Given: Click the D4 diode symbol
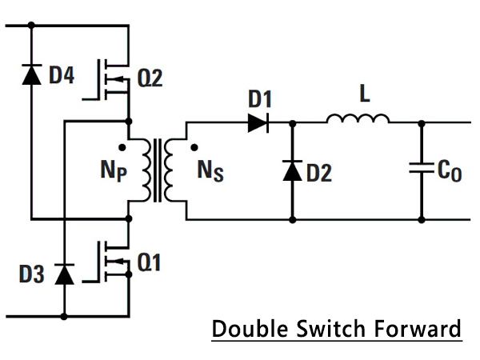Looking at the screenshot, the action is [31, 74].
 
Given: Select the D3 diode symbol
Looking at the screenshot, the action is [64, 274].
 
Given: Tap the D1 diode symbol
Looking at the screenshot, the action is [258, 122].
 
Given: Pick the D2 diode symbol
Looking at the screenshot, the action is [293, 170].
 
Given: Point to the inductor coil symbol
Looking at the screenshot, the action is [358, 118].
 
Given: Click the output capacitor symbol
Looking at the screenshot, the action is [422, 168].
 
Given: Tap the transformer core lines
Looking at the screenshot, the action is [158, 170].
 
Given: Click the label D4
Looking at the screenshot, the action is [62, 75].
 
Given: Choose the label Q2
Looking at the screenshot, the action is [150, 78].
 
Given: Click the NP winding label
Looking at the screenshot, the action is [114, 171].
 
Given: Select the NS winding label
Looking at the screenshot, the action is [210, 171].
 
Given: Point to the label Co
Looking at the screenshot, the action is [450, 171].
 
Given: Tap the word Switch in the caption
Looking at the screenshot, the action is [331, 329].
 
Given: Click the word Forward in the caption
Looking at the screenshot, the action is [418, 329].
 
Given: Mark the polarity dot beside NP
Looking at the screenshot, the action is [122, 147].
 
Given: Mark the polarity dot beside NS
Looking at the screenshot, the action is [194, 147].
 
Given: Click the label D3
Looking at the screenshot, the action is [31, 274].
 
